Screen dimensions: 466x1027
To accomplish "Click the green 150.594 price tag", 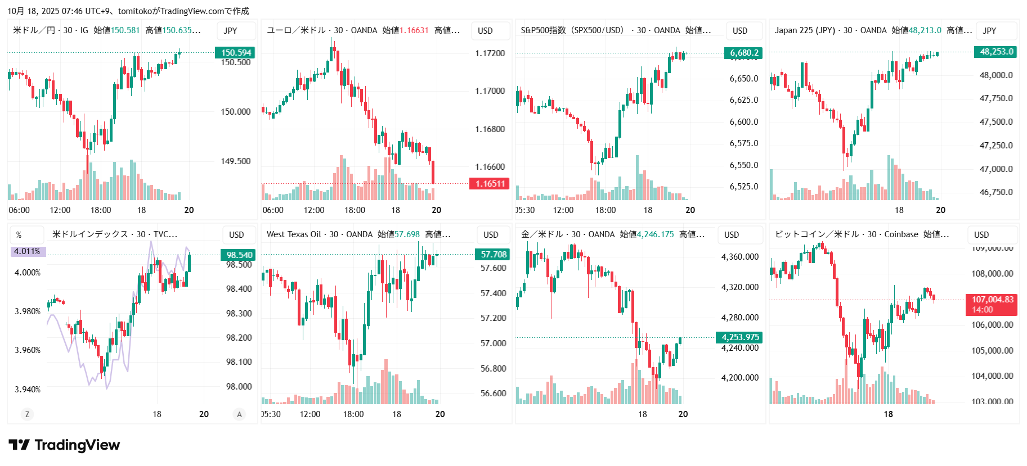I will (x=235, y=53).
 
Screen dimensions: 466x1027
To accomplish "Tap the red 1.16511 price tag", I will (x=490, y=184).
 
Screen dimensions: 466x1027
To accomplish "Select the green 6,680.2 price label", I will (x=743, y=53).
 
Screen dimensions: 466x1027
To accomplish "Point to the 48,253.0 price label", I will (x=996, y=52).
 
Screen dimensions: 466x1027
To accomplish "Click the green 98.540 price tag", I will (x=239, y=255).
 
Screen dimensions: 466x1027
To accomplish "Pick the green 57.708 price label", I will (x=493, y=255).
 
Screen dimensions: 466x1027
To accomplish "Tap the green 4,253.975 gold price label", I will (x=739, y=337).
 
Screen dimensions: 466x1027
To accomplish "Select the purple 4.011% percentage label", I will (x=28, y=251).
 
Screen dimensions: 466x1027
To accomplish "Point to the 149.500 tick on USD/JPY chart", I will (x=235, y=161).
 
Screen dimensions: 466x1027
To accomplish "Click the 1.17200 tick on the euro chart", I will (x=490, y=53).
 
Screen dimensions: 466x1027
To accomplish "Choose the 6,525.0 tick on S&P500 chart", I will (x=743, y=187).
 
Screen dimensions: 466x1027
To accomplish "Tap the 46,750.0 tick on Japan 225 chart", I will (x=996, y=192).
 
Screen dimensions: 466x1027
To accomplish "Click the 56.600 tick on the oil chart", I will (x=493, y=393).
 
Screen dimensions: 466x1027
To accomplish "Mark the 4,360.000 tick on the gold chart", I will (x=739, y=257).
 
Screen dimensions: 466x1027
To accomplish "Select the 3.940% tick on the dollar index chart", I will (x=28, y=389).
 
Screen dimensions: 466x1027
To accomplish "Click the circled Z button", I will (x=26, y=414).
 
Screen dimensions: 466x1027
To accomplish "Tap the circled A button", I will (x=239, y=414).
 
